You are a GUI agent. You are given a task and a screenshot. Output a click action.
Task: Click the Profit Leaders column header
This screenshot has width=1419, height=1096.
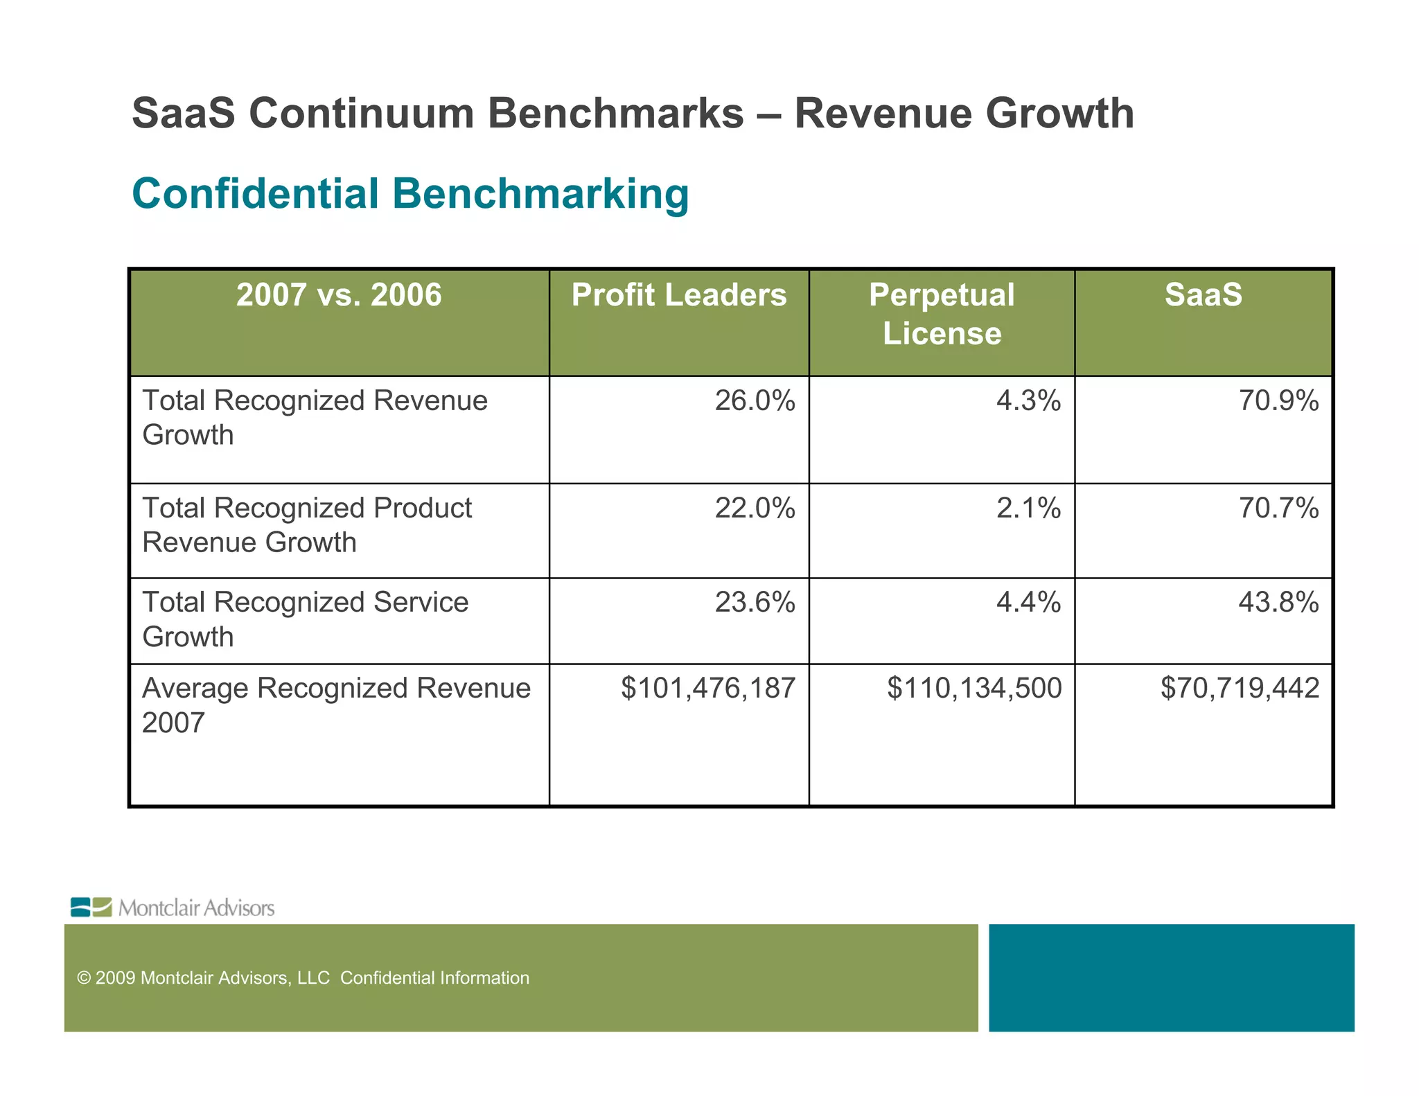coord(678,295)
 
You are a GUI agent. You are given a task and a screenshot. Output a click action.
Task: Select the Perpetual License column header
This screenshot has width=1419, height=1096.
coord(942,314)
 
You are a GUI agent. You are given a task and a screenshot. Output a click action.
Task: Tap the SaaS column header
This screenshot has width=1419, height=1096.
coord(1203,295)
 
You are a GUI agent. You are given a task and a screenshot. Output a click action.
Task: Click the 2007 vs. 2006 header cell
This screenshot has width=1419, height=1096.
coord(339,295)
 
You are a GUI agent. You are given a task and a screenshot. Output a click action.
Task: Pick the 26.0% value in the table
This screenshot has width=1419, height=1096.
coord(755,401)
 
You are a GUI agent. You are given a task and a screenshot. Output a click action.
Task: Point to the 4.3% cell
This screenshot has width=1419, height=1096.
coord(1028,401)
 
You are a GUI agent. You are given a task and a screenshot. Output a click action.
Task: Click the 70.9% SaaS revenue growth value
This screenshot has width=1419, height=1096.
coord(1278,401)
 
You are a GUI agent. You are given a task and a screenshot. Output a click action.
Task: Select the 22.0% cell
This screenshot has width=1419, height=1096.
coord(755,509)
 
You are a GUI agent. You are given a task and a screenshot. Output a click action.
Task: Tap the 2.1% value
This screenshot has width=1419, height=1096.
coord(1028,509)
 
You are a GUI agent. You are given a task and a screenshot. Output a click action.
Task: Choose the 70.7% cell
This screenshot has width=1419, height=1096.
coord(1278,509)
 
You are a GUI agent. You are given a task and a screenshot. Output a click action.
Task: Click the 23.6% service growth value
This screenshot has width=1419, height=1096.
coord(755,603)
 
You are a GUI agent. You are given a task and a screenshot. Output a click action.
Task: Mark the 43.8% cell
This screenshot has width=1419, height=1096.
coord(1278,603)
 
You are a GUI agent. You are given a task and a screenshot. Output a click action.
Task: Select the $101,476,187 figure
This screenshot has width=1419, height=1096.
coord(708,689)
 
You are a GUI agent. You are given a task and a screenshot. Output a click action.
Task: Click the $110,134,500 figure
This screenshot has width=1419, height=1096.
coord(974,689)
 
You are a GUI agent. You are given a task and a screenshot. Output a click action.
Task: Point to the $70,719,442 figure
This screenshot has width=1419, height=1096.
coord(1240,689)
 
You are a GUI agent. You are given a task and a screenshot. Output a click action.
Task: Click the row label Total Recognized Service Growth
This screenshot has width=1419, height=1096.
coord(305,619)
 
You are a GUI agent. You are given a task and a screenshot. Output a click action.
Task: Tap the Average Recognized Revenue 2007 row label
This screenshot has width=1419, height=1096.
coord(336,705)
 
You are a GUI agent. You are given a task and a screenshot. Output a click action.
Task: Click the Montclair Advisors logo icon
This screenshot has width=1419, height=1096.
coord(91,907)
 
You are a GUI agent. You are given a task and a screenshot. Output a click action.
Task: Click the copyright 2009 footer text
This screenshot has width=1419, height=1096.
coord(303,978)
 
